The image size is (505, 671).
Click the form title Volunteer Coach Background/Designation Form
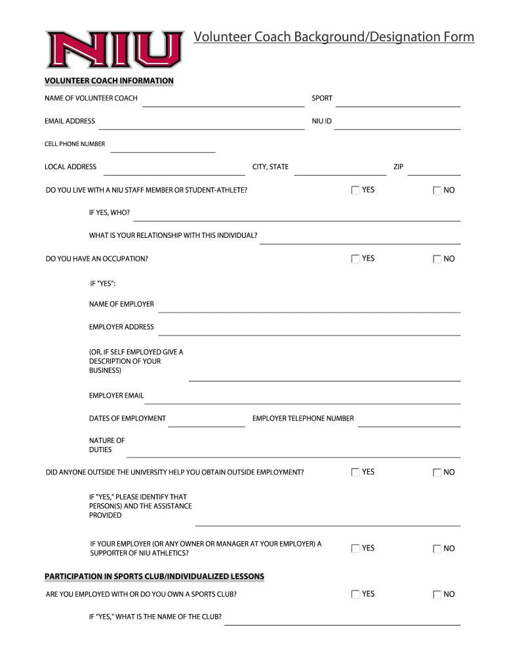334,37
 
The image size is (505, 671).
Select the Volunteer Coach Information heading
109,81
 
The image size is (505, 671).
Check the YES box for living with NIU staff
355,191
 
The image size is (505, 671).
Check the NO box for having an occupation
437,259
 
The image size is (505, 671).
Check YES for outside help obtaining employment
355,472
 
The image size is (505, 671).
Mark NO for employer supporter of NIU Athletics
437,549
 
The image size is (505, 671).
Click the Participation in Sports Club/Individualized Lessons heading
154,577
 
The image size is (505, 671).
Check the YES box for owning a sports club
355,594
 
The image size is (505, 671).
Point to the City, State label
270,167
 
